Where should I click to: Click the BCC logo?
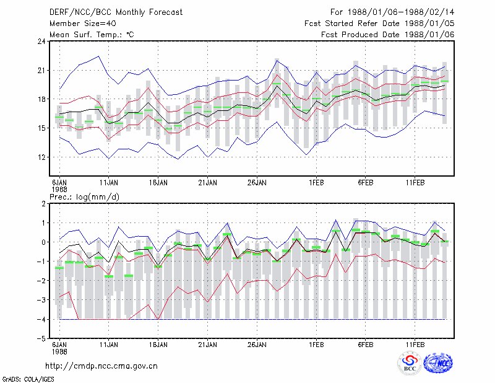coord(410,363)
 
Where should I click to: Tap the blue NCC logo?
coord(438,363)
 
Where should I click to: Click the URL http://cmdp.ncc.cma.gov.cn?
coord(101,366)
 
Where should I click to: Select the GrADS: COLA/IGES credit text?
coord(28,379)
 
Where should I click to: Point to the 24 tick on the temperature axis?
coord(42,41)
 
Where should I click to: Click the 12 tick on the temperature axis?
coord(42,157)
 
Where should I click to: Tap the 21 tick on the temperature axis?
coord(42,70)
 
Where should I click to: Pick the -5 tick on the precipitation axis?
coord(41,339)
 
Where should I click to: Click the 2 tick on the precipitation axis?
coord(44,203)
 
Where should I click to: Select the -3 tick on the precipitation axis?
coord(41,300)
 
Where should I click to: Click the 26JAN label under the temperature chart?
coord(257,183)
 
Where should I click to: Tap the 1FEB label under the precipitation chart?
coord(316,345)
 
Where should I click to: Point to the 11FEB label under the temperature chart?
coord(415,183)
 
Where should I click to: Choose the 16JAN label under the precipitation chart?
coord(158,345)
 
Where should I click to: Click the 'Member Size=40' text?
coord(83,24)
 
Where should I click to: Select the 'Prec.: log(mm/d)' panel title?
coord(84,197)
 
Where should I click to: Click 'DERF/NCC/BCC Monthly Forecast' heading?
coord(116,12)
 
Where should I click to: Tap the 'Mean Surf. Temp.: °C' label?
coord(92,35)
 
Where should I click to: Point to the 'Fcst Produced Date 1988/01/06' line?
coord(388,35)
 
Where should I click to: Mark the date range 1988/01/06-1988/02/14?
coord(401,12)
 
